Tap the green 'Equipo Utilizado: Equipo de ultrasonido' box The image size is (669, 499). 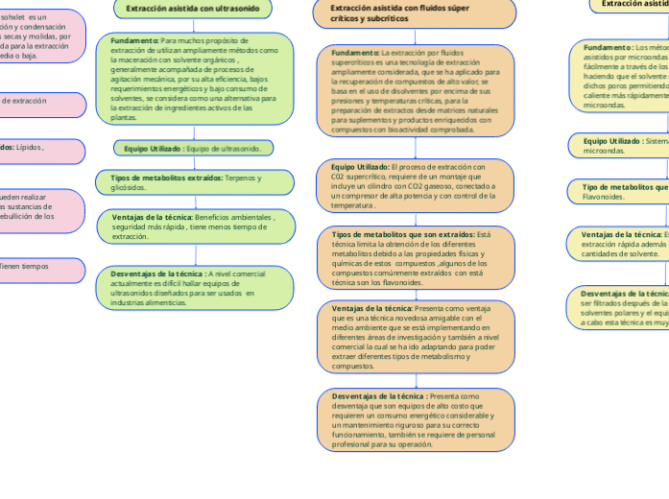[194, 148]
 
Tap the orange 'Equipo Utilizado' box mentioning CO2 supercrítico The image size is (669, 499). [415, 186]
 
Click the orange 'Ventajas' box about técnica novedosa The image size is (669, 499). [415, 337]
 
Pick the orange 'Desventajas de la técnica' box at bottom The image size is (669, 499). [415, 420]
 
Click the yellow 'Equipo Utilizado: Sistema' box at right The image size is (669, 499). [624, 145]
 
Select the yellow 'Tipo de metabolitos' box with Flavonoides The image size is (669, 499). [624, 192]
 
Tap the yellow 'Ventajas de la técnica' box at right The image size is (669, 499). [624, 243]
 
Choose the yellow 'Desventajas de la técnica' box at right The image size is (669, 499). [624, 308]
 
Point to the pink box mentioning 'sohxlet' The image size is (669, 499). [38, 36]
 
